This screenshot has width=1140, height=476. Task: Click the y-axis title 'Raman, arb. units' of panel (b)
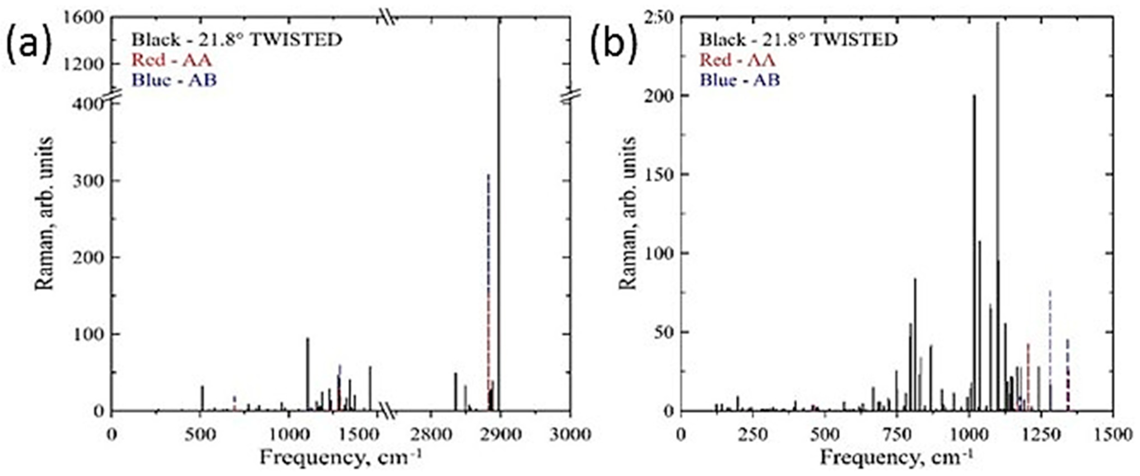(628, 213)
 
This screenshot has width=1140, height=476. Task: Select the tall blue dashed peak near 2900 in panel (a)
(488, 266)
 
